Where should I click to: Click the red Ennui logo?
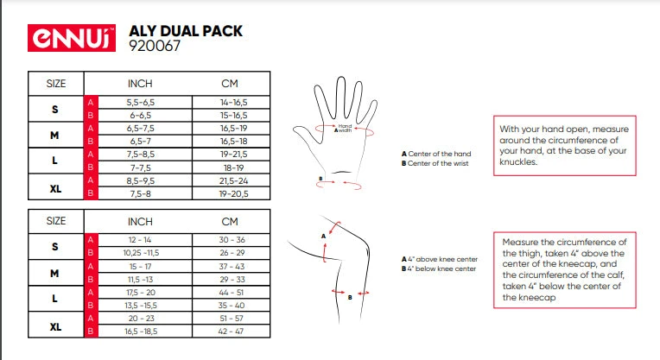click(72, 38)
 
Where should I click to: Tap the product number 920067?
click(155, 46)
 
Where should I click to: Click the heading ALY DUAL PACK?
click(186, 31)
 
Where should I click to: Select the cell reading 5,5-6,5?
click(141, 102)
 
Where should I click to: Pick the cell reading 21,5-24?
click(233, 180)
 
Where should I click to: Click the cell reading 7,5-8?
click(141, 194)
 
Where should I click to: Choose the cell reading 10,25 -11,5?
click(141, 253)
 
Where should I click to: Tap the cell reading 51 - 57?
click(232, 319)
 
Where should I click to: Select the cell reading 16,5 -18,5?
click(141, 332)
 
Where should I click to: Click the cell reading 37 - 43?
click(232, 266)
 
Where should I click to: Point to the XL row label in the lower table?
click(55, 327)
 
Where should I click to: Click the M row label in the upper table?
click(54, 136)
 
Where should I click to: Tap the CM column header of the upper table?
click(230, 84)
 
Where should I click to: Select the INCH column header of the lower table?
click(140, 222)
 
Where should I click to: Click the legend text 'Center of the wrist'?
click(438, 164)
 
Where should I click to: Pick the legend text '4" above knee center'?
click(442, 259)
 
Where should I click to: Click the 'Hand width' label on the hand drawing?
click(345, 128)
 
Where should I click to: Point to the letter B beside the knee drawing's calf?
click(350, 297)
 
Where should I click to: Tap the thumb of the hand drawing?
click(305, 134)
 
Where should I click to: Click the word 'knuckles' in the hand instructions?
click(518, 162)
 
